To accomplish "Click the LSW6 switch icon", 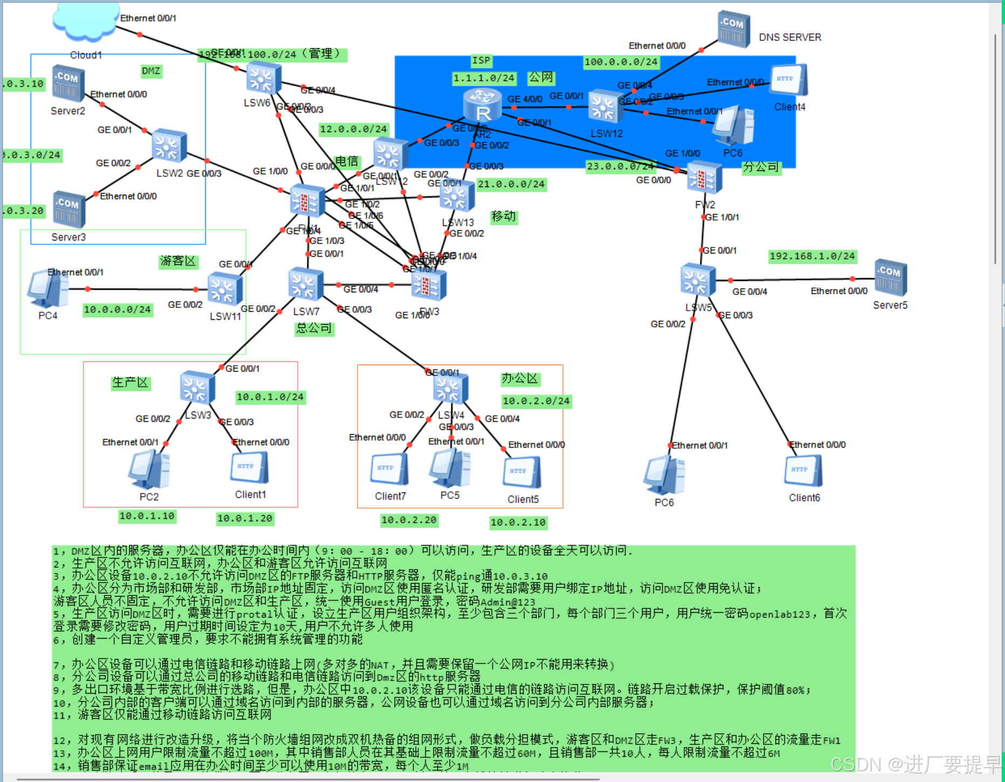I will tap(264, 79).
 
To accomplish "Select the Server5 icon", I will tap(890, 279).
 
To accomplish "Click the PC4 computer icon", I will tap(47, 289).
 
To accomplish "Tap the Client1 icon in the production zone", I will tap(249, 468).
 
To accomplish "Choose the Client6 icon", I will tap(804, 471).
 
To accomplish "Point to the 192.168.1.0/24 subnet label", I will tap(812, 256).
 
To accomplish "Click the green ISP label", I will tap(481, 60).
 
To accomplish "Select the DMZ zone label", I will tap(151, 71).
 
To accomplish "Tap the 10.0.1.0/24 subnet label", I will tap(270, 397).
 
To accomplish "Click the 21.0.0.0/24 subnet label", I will tap(511, 184).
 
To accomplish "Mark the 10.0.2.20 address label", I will tap(409, 520).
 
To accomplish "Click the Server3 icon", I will tap(68, 210).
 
